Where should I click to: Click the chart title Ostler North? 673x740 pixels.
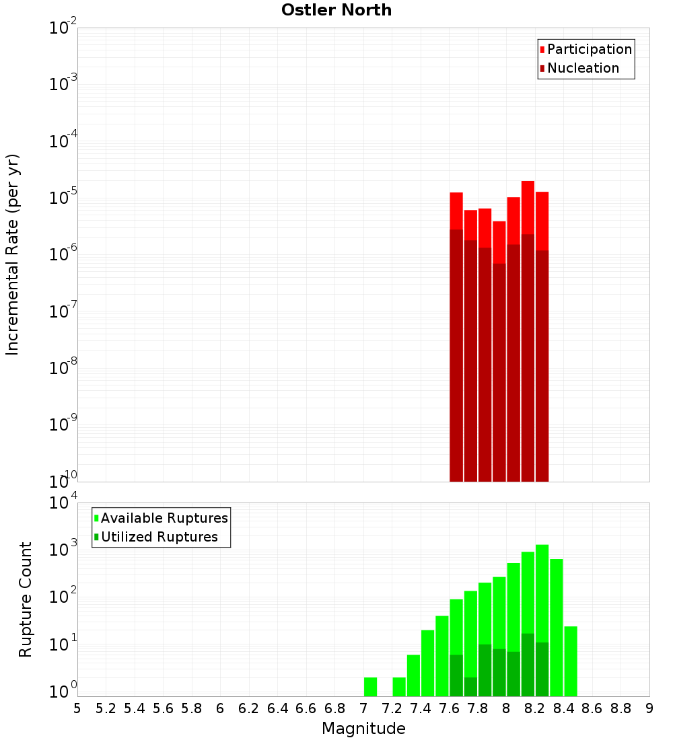pos(336,10)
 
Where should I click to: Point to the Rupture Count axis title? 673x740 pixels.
pos(26,599)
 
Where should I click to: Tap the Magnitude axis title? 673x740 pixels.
pos(363,729)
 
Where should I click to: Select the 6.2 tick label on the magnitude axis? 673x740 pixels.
pos(249,708)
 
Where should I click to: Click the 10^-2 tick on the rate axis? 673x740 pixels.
pos(63,28)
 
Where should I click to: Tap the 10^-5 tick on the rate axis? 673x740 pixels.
pos(63,198)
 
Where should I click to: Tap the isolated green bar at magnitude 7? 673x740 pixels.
pos(370,687)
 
